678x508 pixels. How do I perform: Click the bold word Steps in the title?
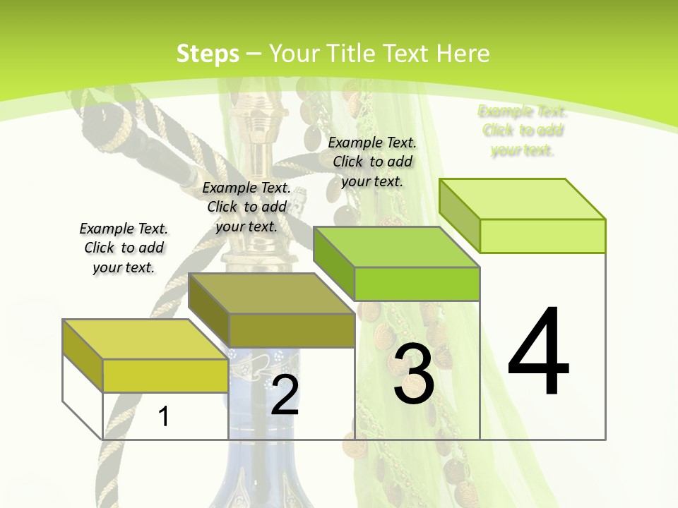click(x=208, y=54)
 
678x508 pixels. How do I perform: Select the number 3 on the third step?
click(x=413, y=375)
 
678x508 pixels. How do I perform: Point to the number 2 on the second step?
click(x=285, y=395)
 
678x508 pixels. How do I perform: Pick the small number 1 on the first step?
click(x=163, y=416)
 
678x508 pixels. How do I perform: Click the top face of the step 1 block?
click(x=145, y=339)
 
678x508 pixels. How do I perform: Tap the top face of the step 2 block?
click(x=271, y=293)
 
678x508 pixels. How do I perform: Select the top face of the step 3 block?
click(x=396, y=247)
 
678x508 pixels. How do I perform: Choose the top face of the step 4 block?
click(x=522, y=199)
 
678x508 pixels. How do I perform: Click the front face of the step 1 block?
click(x=165, y=375)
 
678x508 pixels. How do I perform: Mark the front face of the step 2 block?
click(x=292, y=330)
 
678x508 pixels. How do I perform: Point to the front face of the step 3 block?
click(x=417, y=284)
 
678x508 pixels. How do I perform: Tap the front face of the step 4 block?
click(x=542, y=236)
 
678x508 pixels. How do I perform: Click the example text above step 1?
click(x=124, y=248)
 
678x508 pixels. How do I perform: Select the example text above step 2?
click(x=246, y=207)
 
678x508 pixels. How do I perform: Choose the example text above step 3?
click(x=372, y=162)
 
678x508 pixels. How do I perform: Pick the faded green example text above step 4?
click(x=523, y=131)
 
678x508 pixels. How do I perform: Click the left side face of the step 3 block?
click(x=333, y=263)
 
